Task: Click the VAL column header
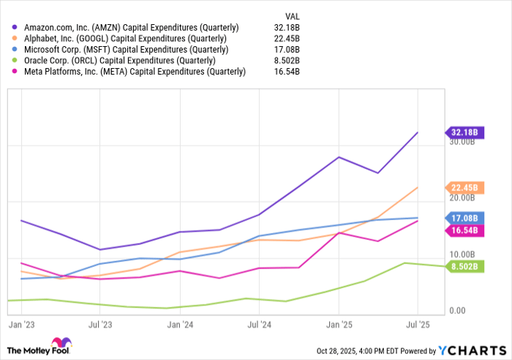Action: tap(292, 15)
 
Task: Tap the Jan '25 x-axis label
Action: tap(338, 323)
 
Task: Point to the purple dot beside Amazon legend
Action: tap(14, 27)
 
